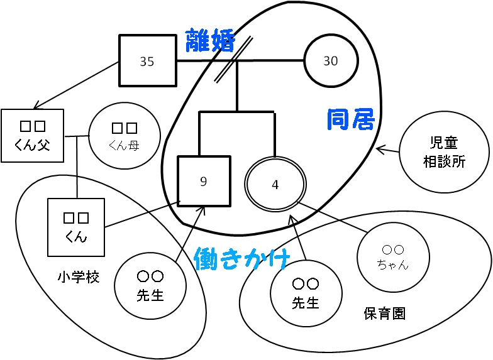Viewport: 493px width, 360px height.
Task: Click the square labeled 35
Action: (x=147, y=60)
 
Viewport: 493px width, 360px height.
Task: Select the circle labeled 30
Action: (x=331, y=60)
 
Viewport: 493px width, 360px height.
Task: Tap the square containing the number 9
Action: (x=204, y=181)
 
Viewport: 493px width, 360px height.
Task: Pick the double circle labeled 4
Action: (x=275, y=184)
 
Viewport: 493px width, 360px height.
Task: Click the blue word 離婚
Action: (x=210, y=41)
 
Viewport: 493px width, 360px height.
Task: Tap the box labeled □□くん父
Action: (x=32, y=136)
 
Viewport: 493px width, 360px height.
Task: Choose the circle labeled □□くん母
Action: (x=124, y=136)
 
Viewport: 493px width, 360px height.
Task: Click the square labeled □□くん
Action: (x=76, y=227)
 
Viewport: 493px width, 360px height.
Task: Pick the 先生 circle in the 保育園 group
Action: (x=306, y=293)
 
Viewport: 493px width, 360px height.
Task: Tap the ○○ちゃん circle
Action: (x=393, y=257)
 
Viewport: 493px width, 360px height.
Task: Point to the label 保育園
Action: (x=385, y=314)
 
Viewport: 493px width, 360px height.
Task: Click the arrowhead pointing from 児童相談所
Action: (x=379, y=149)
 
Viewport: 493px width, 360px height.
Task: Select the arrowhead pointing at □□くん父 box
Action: (x=36, y=106)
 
